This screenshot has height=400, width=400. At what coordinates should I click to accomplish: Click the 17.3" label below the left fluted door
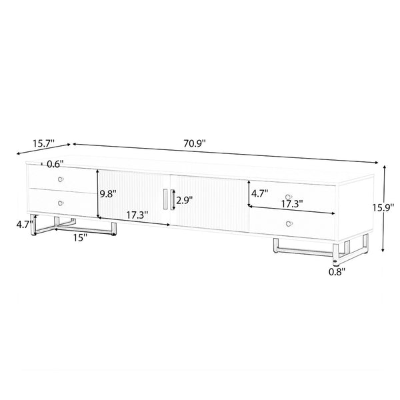click(136, 215)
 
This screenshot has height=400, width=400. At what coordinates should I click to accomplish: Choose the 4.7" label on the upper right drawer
click(260, 195)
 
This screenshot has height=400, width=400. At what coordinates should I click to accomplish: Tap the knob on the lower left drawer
click(61, 202)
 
